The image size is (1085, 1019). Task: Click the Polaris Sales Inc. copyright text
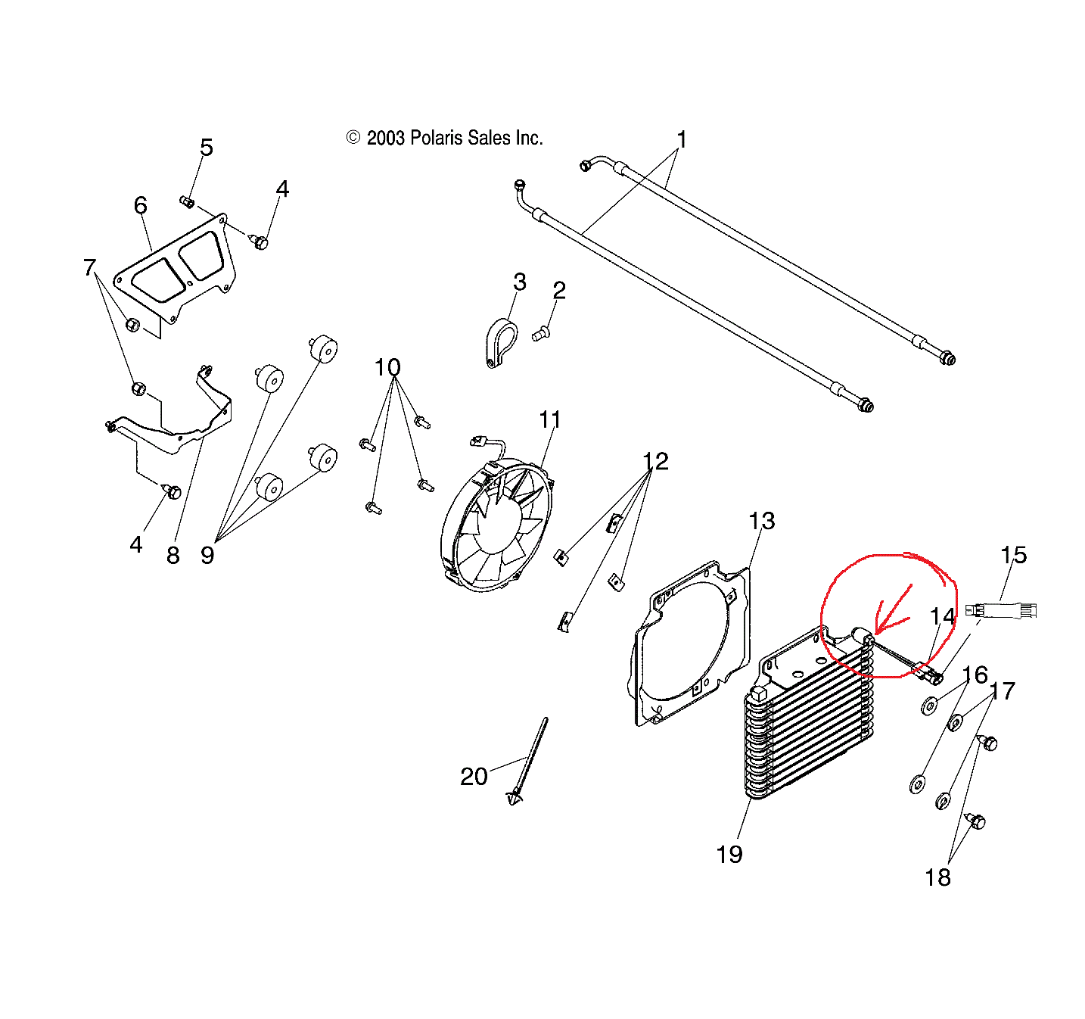(x=446, y=138)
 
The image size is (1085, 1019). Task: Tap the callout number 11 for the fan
(x=550, y=419)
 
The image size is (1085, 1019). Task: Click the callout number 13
(x=761, y=521)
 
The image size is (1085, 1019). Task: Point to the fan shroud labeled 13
(x=691, y=643)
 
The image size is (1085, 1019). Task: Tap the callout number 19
(x=729, y=854)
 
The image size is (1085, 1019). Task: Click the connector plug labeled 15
(x=1000, y=610)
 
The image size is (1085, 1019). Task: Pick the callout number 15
(x=1013, y=555)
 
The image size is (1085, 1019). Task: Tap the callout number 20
(x=474, y=776)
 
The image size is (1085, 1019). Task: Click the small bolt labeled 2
(x=540, y=333)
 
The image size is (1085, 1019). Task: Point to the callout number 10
(x=387, y=368)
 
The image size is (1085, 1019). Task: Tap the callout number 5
(x=207, y=148)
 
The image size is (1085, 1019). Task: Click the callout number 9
(x=207, y=555)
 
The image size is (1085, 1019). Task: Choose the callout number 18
(x=937, y=877)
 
